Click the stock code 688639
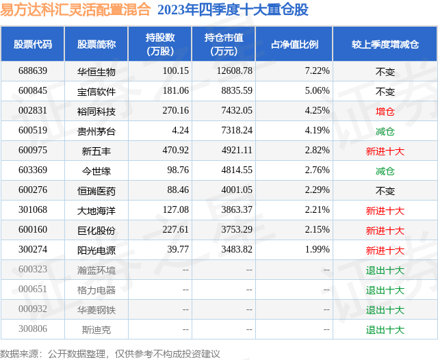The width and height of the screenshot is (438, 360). point(33,71)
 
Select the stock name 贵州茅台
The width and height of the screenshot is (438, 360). point(96,131)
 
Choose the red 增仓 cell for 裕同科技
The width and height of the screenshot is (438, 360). point(385,111)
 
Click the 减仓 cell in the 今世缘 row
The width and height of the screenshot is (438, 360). point(385,170)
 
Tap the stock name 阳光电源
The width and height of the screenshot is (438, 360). point(96,250)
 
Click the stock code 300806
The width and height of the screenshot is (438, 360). point(33,329)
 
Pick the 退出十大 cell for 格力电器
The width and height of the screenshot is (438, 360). point(385,290)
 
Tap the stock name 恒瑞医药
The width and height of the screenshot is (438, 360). point(96,190)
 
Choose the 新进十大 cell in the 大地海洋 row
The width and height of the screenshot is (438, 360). point(385,210)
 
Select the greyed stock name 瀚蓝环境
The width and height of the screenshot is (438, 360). point(96,270)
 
